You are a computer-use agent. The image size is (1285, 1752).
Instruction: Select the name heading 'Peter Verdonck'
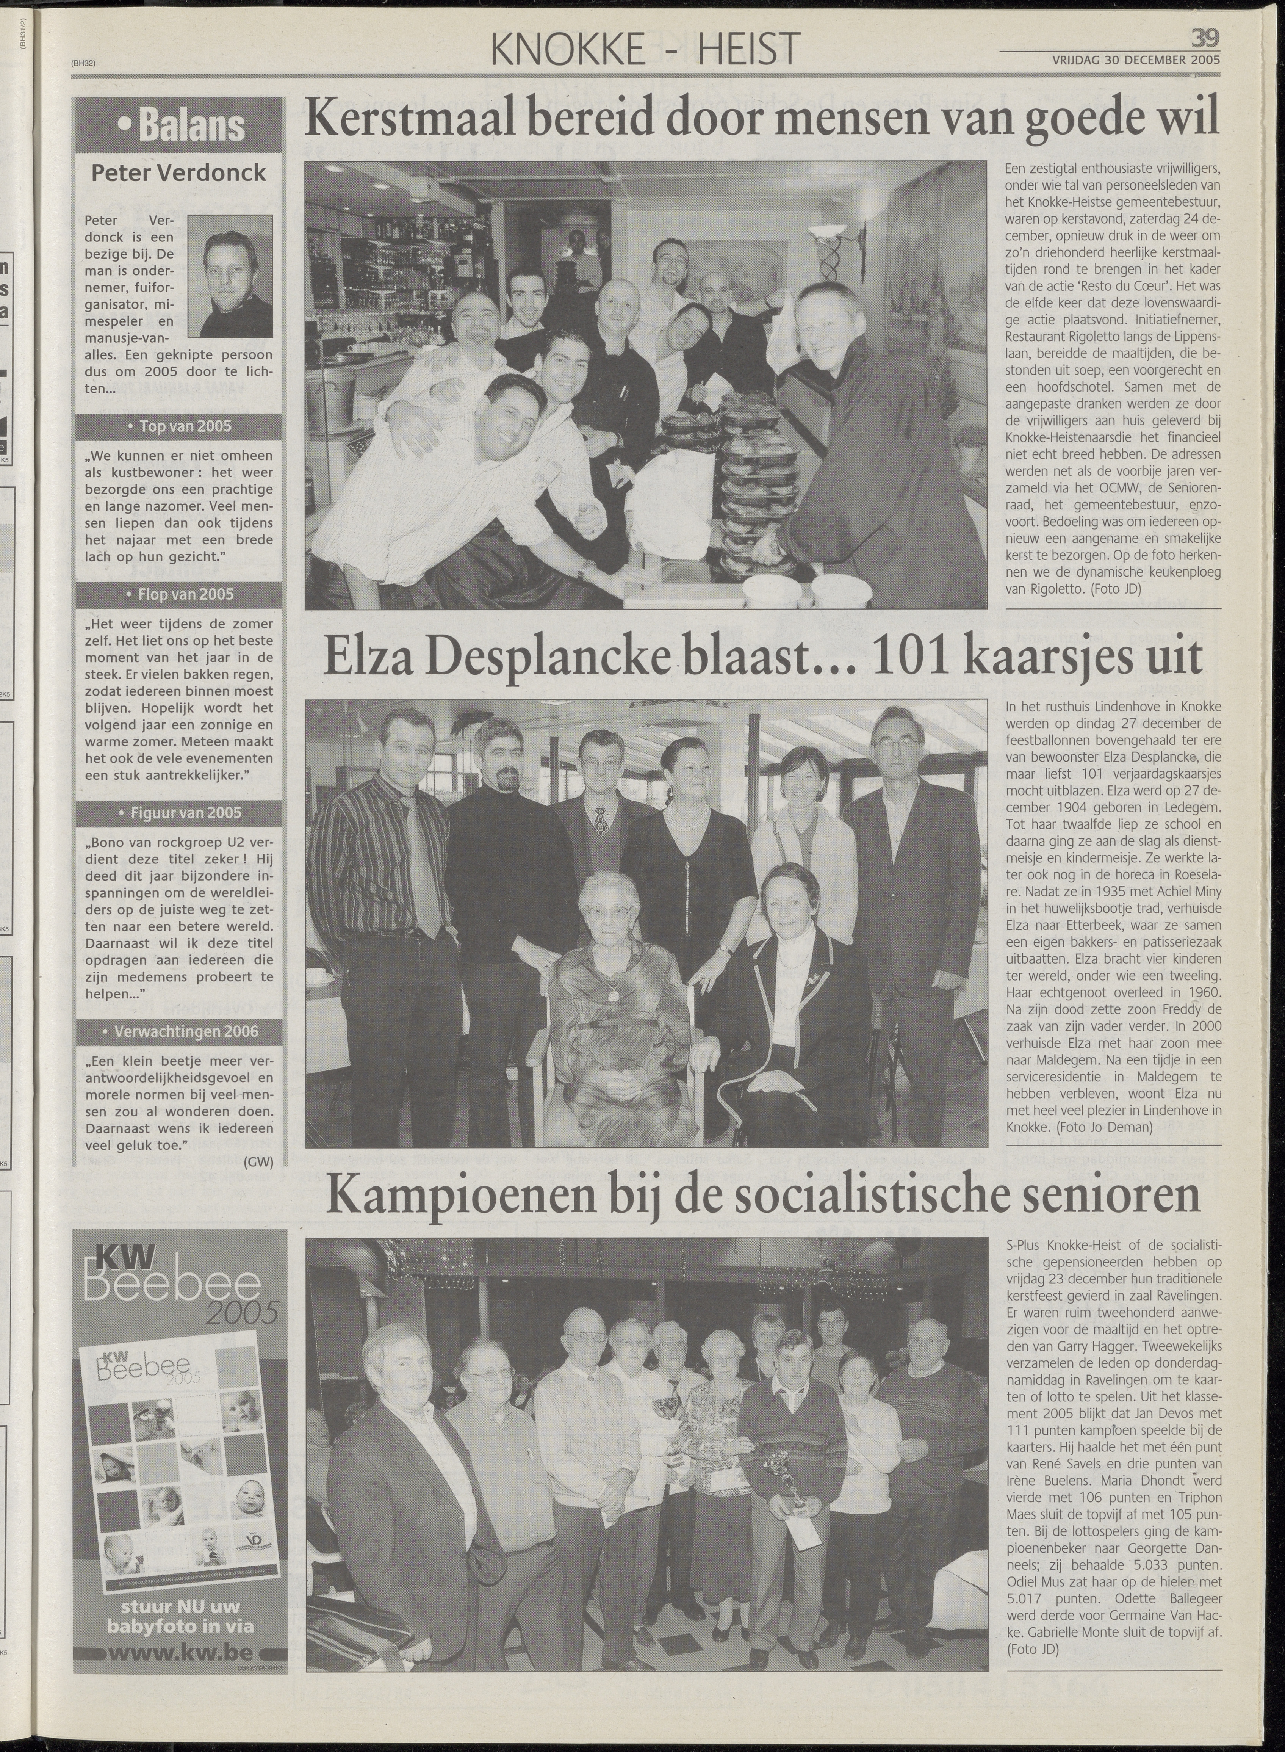click(179, 173)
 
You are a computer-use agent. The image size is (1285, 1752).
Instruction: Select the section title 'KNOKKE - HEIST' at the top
click(646, 50)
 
